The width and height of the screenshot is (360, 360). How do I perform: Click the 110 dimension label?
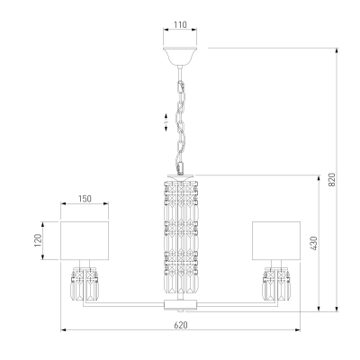[x=180, y=24]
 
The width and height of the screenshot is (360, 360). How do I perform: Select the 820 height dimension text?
[x=331, y=179]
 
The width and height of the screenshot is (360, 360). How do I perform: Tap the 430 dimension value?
[x=313, y=244]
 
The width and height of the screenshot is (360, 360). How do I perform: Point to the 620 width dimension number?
[x=181, y=325]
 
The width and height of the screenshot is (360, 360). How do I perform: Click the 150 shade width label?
[x=85, y=199]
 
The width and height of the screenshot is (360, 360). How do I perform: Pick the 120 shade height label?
[x=38, y=240]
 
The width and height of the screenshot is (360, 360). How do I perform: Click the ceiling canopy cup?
[x=180, y=56]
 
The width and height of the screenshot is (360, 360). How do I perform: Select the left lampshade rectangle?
[x=85, y=240]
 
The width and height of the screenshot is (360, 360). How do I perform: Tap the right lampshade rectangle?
[x=276, y=240]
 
